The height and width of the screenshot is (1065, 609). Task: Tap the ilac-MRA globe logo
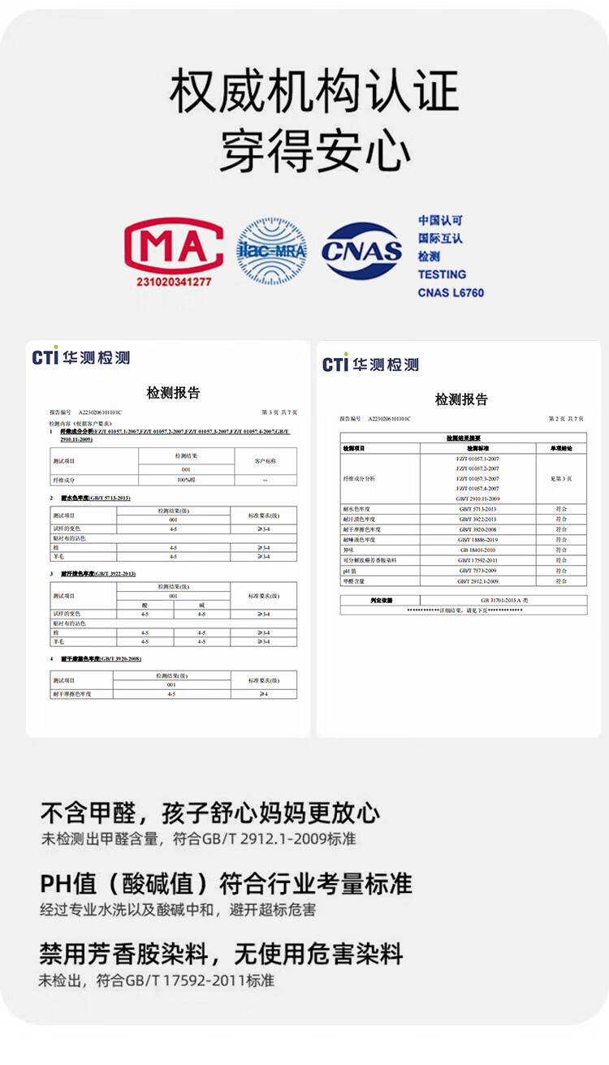coord(271,251)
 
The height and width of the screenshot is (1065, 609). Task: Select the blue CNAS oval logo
coord(362,252)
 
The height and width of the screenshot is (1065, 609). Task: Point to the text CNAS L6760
coord(451,292)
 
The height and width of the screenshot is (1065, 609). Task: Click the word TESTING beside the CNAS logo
coord(442,274)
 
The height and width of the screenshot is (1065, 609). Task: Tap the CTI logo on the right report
coord(370,364)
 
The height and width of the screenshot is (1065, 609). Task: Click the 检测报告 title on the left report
coord(173,393)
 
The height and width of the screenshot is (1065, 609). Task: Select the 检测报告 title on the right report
coord(461,399)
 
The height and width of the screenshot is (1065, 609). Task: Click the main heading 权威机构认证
coord(314,91)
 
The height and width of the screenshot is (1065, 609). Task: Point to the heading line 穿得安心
coord(314,149)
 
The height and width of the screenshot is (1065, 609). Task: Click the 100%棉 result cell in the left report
coord(186,481)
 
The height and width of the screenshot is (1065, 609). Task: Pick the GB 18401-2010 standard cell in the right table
coord(477,550)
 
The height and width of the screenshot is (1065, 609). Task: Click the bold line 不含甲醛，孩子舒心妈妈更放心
coord(210,813)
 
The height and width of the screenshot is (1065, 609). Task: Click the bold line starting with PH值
coord(226,883)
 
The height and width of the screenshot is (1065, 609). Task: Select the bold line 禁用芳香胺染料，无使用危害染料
coord(221,953)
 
